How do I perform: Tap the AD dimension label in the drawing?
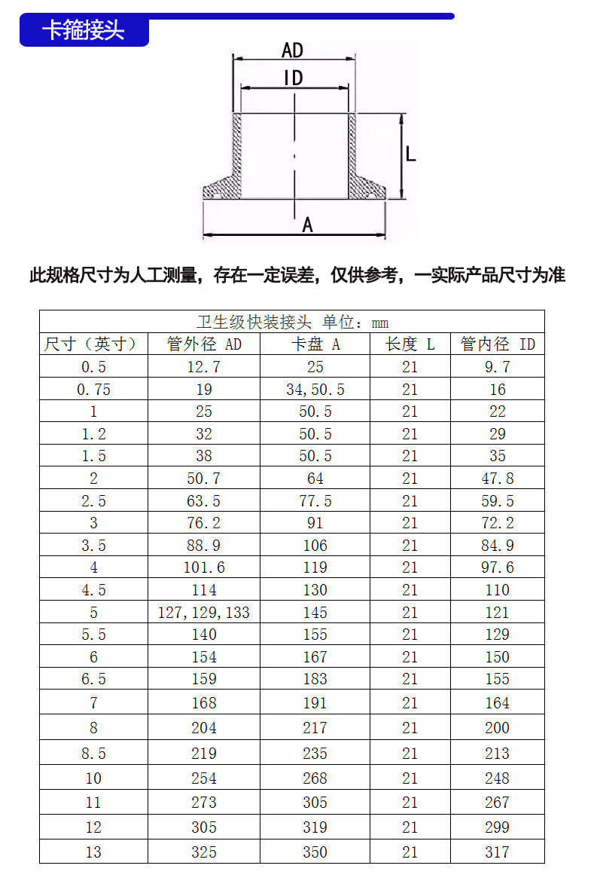(x=292, y=50)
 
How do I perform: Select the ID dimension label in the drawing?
(x=293, y=78)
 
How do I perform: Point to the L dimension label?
(x=411, y=154)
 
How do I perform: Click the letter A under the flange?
(x=307, y=225)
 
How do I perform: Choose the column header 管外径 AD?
(x=204, y=344)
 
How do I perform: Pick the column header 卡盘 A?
(x=315, y=344)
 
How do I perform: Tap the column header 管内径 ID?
(x=498, y=344)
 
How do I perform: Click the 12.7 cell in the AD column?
(x=204, y=367)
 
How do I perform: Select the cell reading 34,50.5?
(x=315, y=390)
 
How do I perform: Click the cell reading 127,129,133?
(x=204, y=613)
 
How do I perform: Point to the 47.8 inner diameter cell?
(x=498, y=479)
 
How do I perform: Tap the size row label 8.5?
(x=93, y=754)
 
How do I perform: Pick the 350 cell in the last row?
(x=315, y=852)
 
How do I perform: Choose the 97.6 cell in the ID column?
(x=498, y=567)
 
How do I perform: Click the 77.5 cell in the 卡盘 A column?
(x=315, y=501)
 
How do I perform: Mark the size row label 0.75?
(x=93, y=390)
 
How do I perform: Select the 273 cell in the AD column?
(x=204, y=803)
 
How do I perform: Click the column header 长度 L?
(x=410, y=344)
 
